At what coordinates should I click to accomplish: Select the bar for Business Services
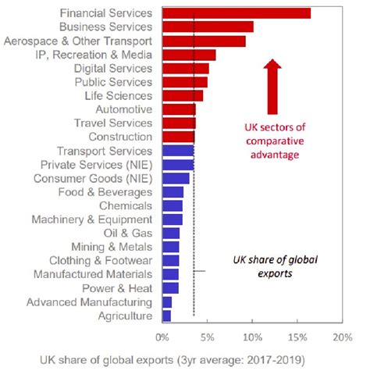tap(208, 27)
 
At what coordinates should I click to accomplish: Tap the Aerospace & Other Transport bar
tap(204, 41)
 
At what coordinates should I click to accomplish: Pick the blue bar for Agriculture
tap(166, 316)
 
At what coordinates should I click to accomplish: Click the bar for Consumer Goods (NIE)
tap(176, 178)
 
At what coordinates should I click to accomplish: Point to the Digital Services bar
tap(185, 68)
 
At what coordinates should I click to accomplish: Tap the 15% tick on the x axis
tap(297, 337)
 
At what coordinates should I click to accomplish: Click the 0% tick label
tap(162, 337)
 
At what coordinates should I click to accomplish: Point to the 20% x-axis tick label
tap(341, 337)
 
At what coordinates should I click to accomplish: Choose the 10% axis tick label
tap(251, 337)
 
